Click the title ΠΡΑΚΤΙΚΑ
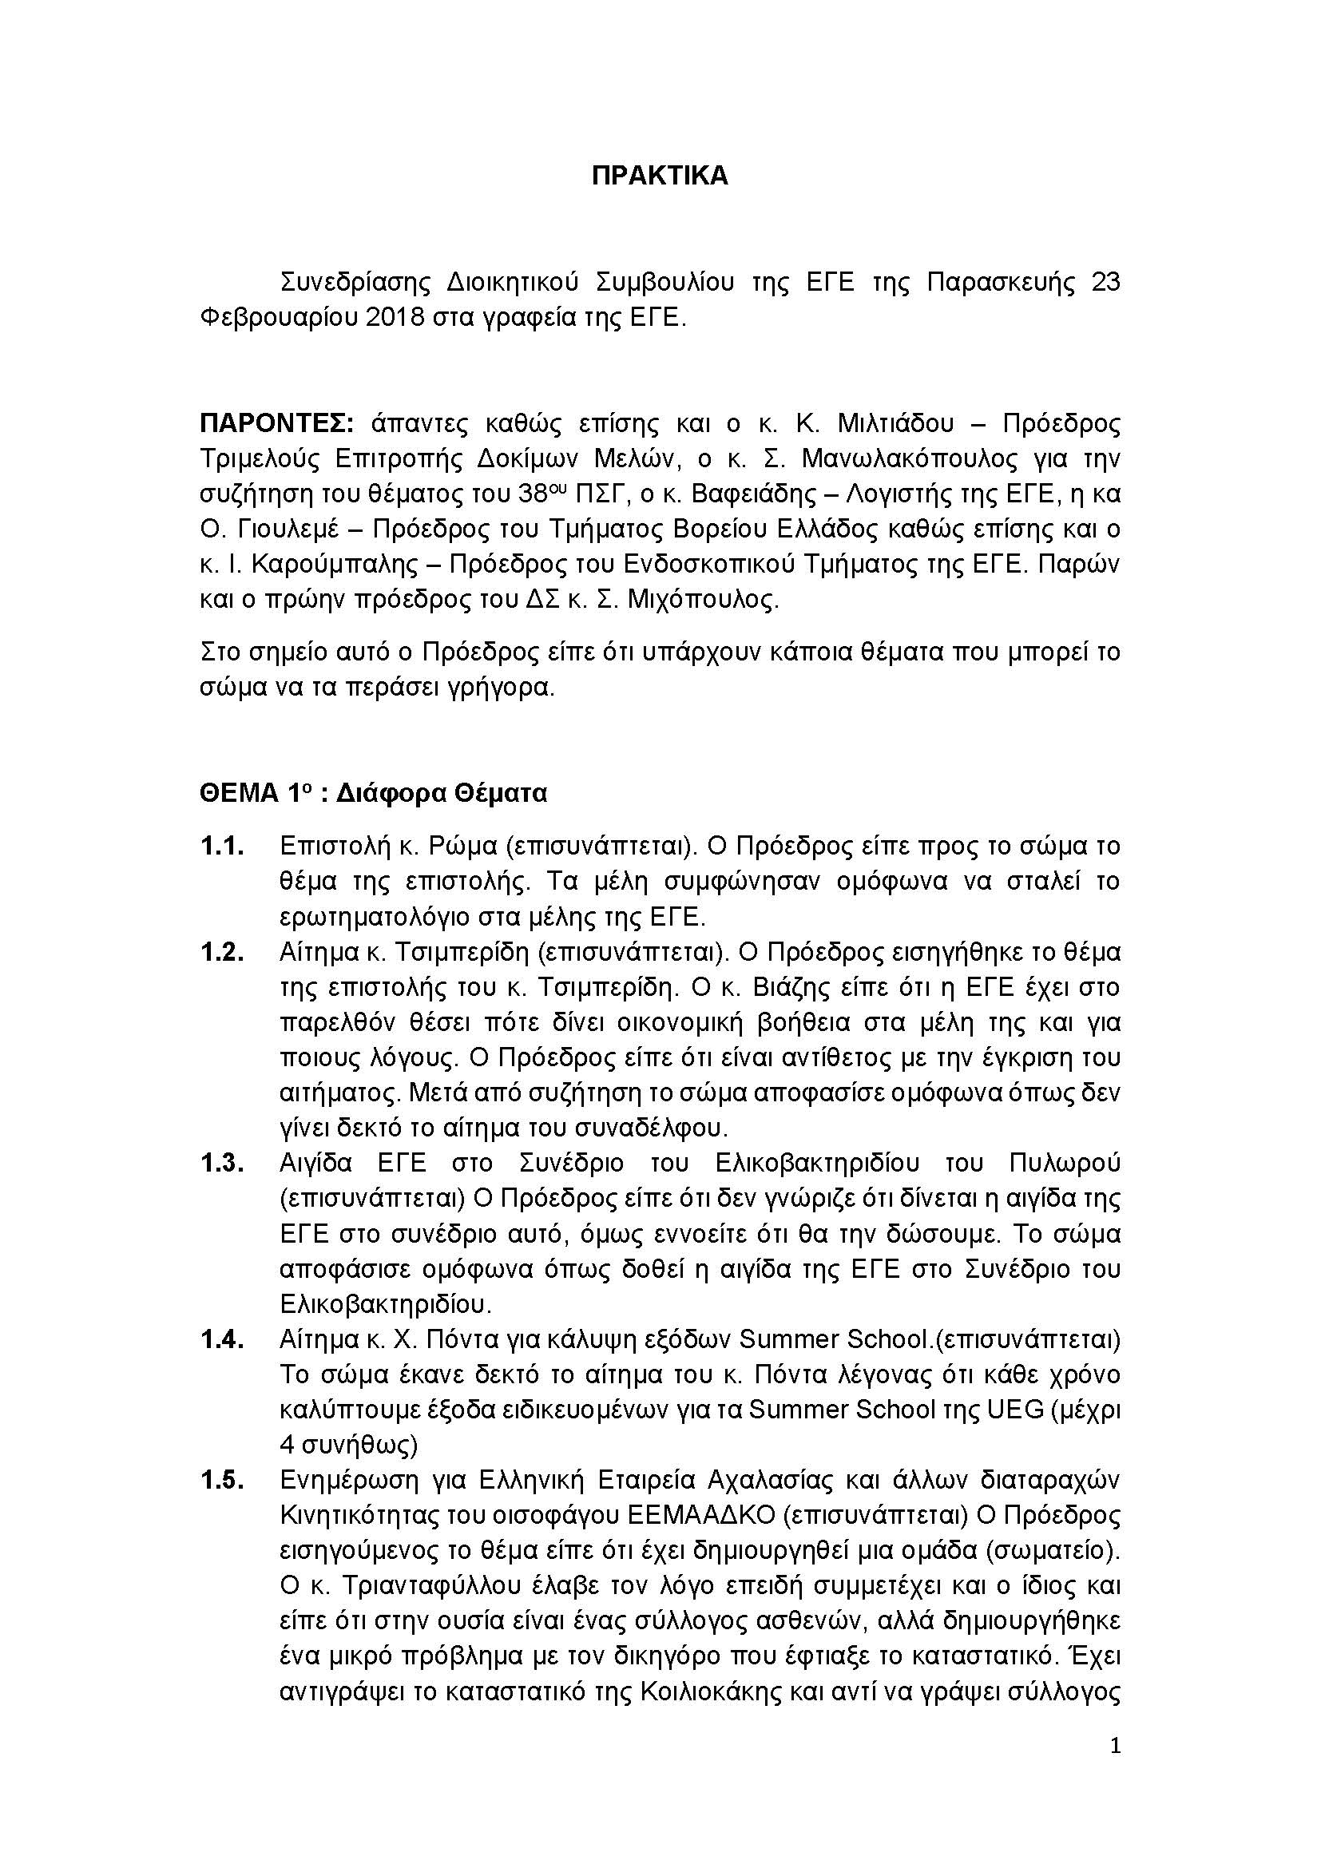coord(660,176)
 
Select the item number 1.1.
coord(222,847)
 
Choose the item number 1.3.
coord(222,1164)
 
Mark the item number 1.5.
coord(222,1480)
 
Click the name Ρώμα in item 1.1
coord(460,847)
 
